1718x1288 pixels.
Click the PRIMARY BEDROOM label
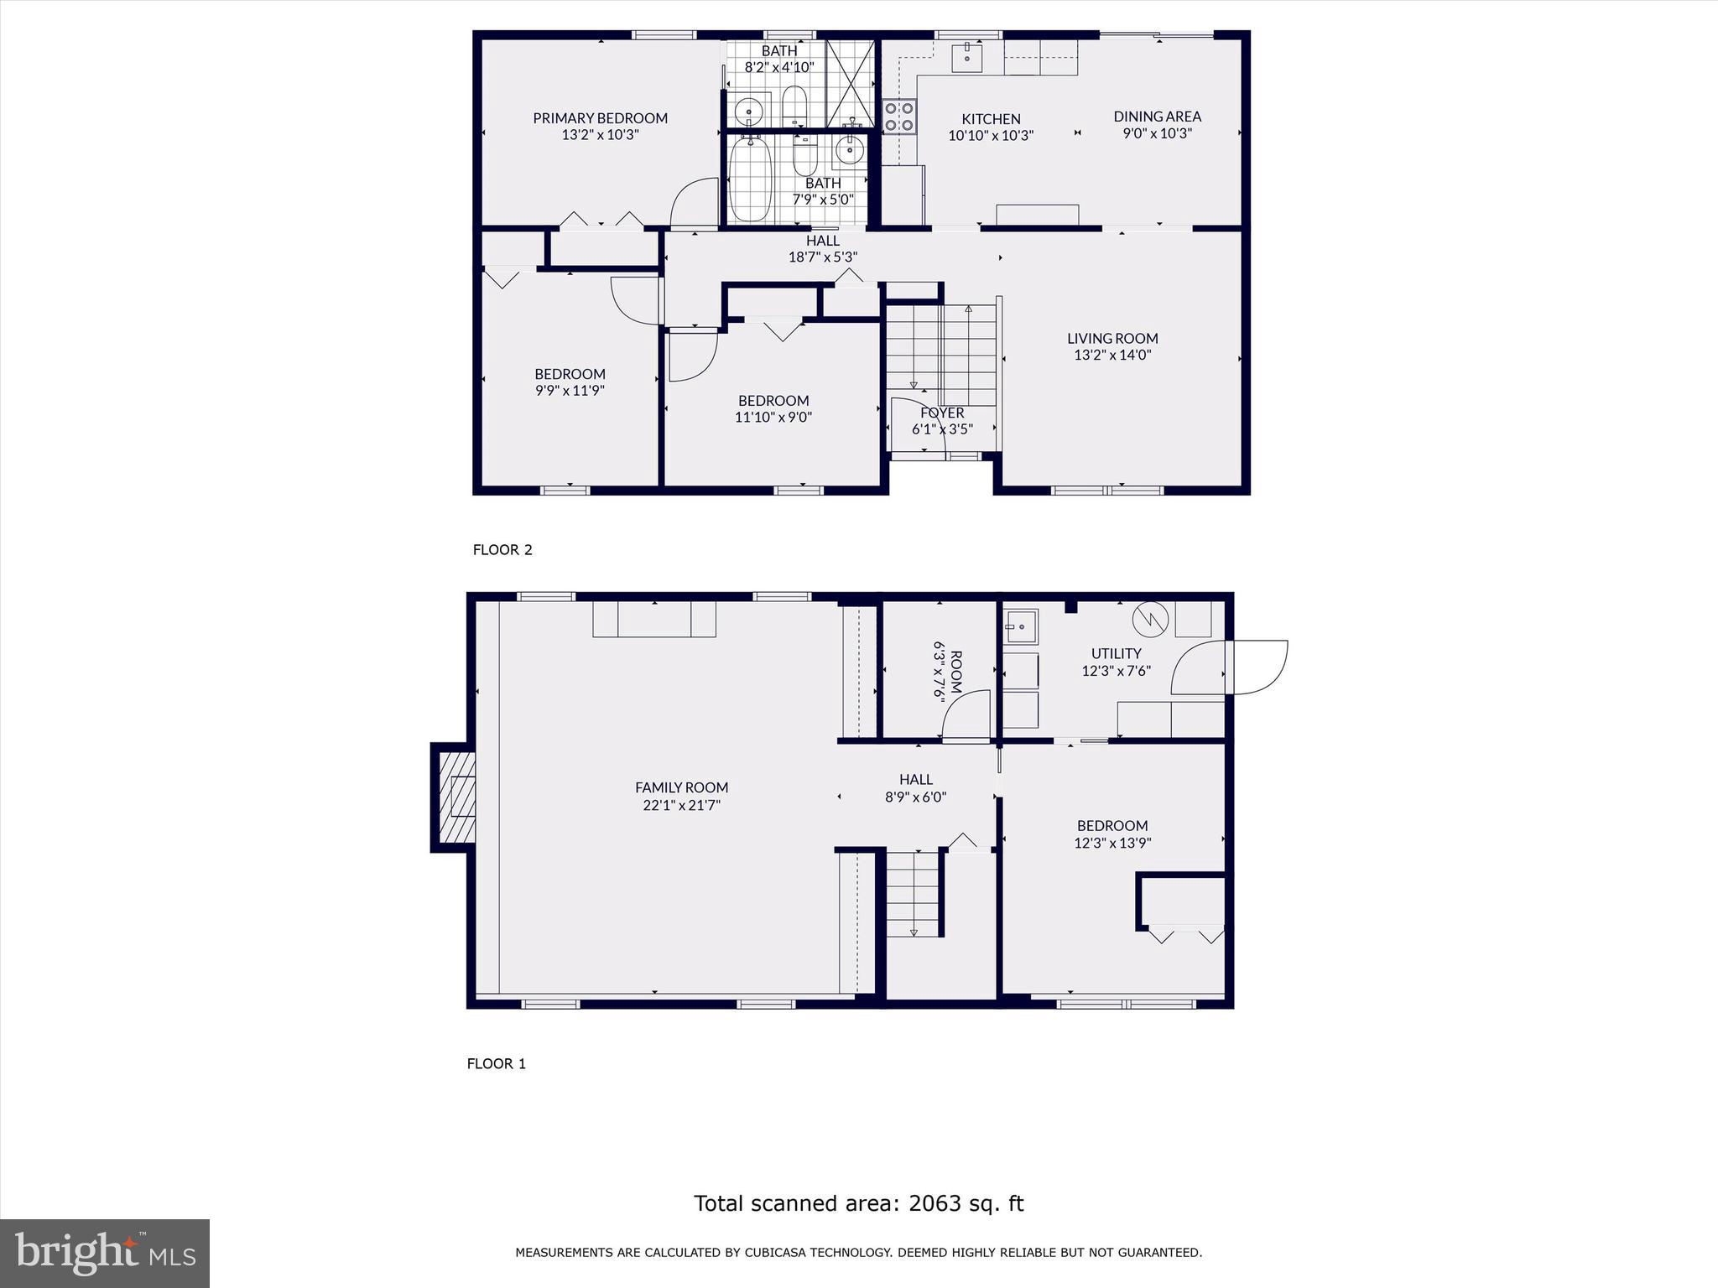click(x=600, y=118)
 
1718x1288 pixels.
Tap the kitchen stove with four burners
click(x=898, y=116)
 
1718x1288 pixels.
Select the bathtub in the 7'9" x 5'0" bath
click(x=750, y=179)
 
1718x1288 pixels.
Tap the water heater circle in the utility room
click(x=1150, y=620)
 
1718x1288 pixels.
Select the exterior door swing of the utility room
click(x=1256, y=667)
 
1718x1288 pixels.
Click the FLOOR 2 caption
click(x=502, y=550)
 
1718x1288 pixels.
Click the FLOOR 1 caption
click(x=496, y=1064)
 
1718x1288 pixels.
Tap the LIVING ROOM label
click(x=1112, y=339)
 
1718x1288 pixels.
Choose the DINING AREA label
click(x=1157, y=117)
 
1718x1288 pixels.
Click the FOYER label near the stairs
click(x=942, y=413)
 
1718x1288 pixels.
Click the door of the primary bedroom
click(x=692, y=203)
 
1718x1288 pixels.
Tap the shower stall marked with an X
click(x=850, y=83)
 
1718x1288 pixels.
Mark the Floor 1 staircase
click(x=913, y=894)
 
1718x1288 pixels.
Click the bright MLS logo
click(x=105, y=1253)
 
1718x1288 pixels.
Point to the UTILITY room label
click(x=1116, y=653)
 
